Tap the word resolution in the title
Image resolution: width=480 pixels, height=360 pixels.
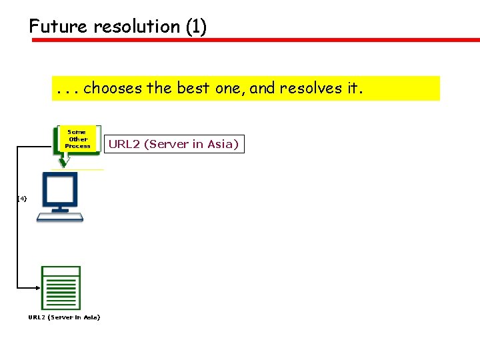coord(137,27)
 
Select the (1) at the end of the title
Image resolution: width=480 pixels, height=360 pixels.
coord(197,27)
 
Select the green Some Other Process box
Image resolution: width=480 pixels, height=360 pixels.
coord(77,139)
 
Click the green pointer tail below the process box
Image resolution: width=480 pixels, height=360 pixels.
coord(64,161)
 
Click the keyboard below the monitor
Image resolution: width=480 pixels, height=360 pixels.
coord(60,217)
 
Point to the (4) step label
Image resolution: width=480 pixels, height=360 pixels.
coord(22,199)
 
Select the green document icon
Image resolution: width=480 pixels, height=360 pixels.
coord(61,287)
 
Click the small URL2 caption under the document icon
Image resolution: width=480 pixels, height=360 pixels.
coord(64,317)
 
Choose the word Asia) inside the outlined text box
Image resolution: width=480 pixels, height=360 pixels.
coord(223,144)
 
